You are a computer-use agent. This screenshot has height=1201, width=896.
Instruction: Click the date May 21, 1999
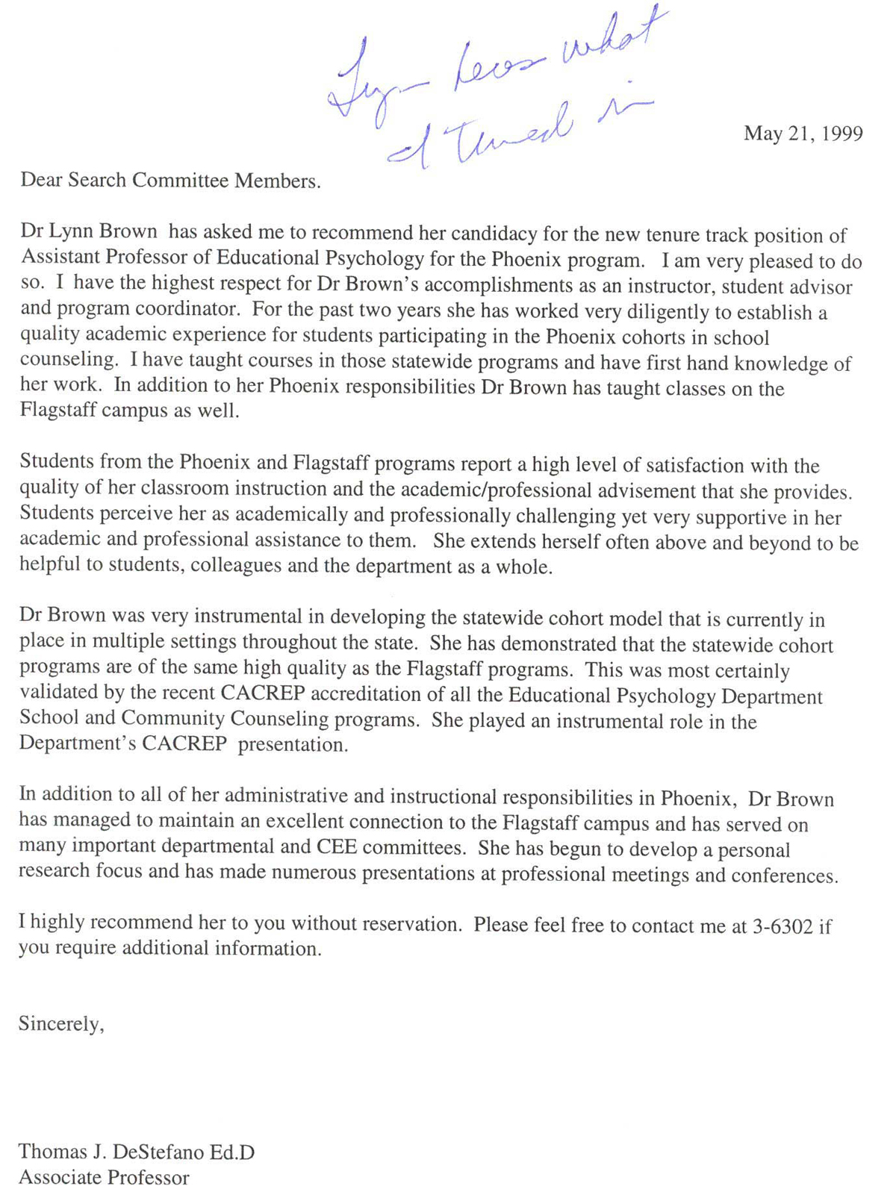(803, 134)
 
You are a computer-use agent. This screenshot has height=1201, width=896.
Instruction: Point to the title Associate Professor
(104, 1177)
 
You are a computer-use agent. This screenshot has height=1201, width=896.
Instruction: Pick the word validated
(59, 693)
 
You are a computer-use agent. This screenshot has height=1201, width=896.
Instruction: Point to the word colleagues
(235, 566)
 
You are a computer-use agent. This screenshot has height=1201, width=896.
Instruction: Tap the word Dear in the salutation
(41, 180)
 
